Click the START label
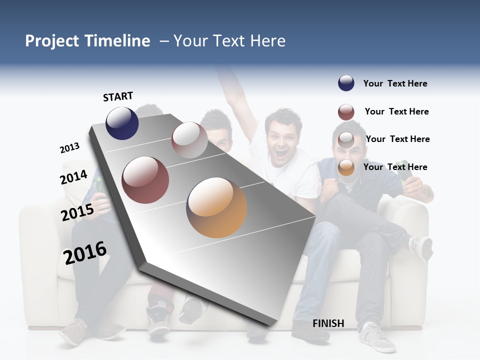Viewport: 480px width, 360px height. point(118,96)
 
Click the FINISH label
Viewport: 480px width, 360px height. point(328,323)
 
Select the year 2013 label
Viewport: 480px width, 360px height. point(69,148)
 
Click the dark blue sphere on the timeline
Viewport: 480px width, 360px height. point(122,123)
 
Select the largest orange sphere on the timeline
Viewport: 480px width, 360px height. point(216,207)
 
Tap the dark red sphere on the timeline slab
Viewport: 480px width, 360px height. point(145,180)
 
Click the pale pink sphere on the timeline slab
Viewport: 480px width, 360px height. point(189,140)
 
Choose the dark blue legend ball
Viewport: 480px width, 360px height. point(346,83)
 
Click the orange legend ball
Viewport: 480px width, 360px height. point(346,167)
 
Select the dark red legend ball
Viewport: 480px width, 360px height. point(346,111)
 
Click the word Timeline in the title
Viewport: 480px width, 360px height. point(117,41)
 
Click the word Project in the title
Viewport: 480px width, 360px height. point(51,41)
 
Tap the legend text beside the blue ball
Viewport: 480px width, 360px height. point(395,83)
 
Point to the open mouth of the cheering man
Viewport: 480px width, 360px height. point(281,150)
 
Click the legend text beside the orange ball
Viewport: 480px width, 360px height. point(395,167)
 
